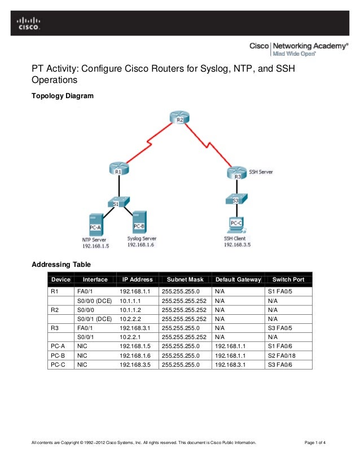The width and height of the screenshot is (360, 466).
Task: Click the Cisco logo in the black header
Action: [28, 22]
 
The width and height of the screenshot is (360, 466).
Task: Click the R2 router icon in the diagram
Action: [179, 118]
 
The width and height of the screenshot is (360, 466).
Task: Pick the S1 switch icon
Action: [118, 202]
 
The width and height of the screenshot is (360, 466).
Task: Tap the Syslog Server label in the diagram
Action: [142, 239]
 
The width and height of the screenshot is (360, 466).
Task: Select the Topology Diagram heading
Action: [62, 96]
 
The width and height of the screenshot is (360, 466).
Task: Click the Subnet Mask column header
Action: [182, 279]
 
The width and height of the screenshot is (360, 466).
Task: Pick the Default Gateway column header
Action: [236, 279]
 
